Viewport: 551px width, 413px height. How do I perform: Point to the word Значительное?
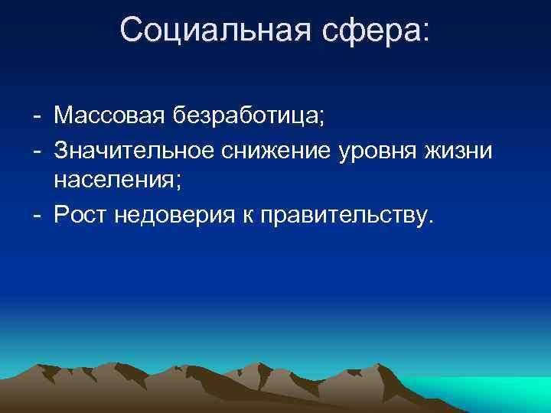[x=135, y=150]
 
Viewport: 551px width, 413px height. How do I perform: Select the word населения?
[x=112, y=182]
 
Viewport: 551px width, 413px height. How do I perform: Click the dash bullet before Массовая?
[x=37, y=119]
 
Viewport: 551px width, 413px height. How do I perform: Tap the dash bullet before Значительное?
[x=37, y=151]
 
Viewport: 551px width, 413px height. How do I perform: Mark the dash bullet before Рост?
[x=37, y=216]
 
